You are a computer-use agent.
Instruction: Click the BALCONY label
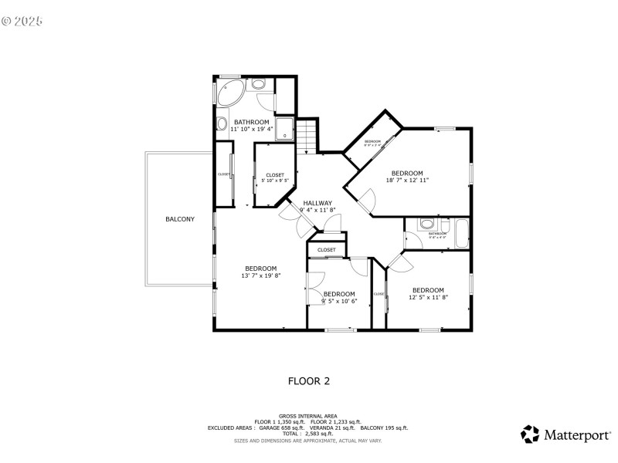(x=180, y=219)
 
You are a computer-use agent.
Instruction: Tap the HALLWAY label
(x=317, y=203)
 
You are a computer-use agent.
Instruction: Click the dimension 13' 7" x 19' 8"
(x=261, y=275)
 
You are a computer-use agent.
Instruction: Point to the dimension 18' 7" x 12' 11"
(x=407, y=180)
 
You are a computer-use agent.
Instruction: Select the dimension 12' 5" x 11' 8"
(x=428, y=297)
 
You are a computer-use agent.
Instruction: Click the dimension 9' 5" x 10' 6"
(x=339, y=301)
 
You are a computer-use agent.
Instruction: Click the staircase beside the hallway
(x=308, y=136)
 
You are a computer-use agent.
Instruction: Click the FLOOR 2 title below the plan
(x=309, y=380)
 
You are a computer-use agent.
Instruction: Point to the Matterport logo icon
(x=529, y=434)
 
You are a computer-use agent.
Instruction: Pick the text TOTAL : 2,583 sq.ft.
(x=309, y=433)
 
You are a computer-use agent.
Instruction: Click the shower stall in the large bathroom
(x=284, y=128)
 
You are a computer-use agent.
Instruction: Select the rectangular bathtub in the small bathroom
(x=461, y=231)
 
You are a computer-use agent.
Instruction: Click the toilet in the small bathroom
(x=426, y=225)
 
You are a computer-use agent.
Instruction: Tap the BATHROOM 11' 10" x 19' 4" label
(x=252, y=126)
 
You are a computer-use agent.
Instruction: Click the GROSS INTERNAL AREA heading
(x=309, y=415)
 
